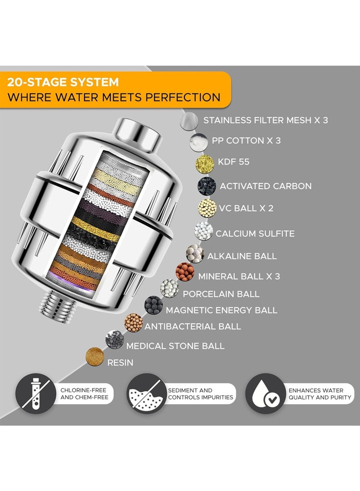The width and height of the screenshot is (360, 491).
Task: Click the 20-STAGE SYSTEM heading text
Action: click(63, 82)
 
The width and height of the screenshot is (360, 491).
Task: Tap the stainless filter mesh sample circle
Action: click(189, 121)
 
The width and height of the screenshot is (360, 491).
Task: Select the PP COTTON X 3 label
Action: click(246, 141)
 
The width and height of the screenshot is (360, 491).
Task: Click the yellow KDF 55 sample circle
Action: click(205, 164)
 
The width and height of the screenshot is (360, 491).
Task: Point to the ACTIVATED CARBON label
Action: click(265, 186)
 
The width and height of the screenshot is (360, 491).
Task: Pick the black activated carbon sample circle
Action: click(207, 186)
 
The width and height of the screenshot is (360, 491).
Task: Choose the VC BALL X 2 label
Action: click(246, 208)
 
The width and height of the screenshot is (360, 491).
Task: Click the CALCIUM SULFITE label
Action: click(255, 234)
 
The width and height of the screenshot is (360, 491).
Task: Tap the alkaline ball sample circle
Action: click(195, 254)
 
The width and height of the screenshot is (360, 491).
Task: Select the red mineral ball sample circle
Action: click(185, 272)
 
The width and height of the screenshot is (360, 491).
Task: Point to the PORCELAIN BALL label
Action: click(221, 294)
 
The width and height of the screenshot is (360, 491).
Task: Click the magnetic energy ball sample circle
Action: click(153, 305)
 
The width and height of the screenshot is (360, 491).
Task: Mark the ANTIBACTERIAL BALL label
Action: click(193, 326)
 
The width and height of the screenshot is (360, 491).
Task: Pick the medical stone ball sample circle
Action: click(115, 339)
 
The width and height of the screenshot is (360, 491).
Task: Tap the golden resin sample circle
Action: click(94, 357)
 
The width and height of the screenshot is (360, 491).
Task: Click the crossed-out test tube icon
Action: click(36, 393)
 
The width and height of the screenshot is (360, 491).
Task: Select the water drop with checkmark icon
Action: click(265, 393)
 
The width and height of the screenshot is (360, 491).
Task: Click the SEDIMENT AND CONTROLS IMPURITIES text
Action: click(201, 394)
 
